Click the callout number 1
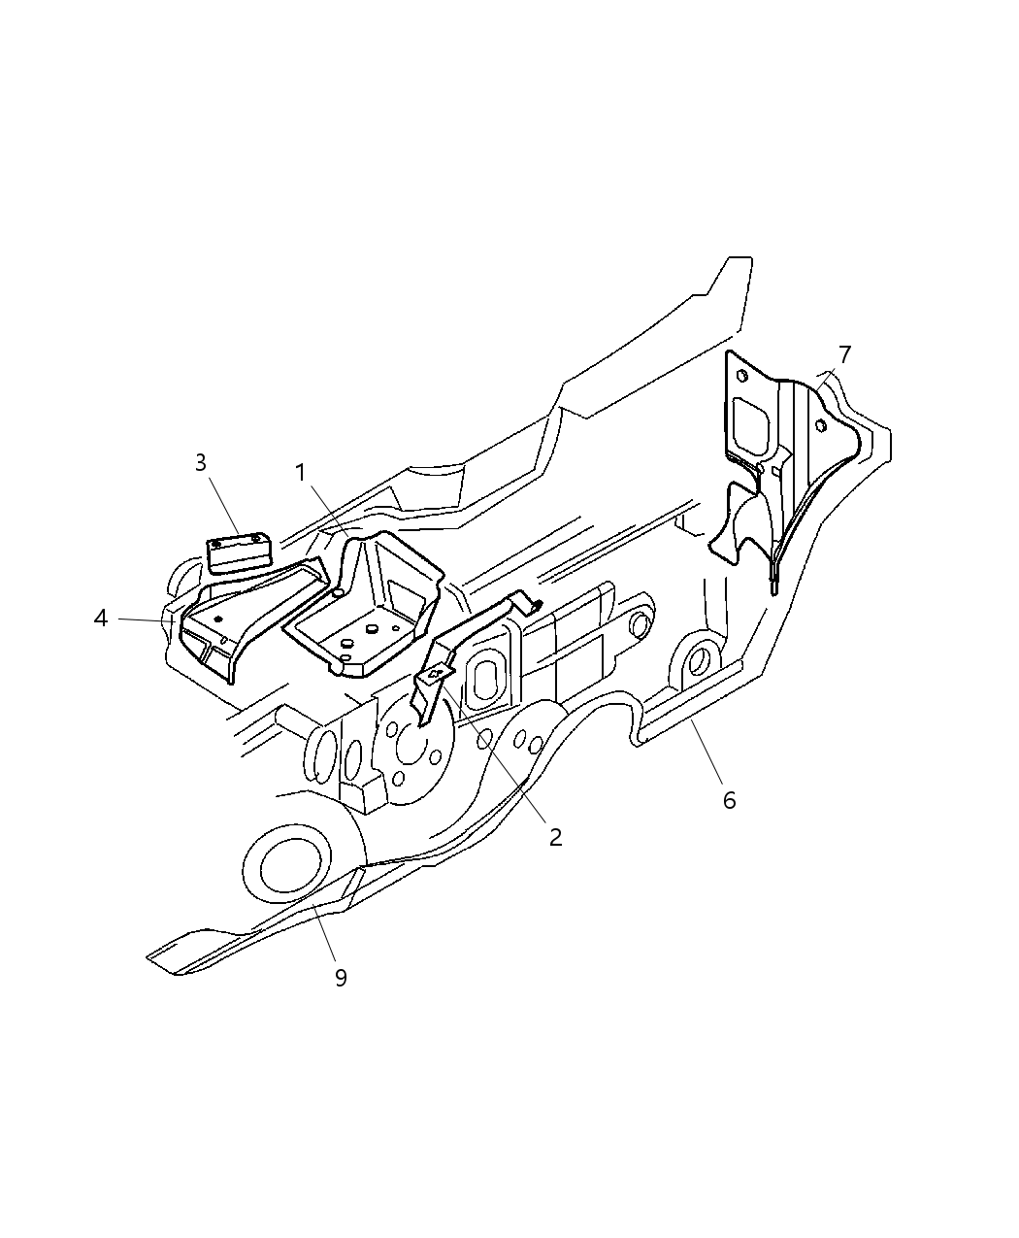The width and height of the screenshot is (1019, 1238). click(x=302, y=473)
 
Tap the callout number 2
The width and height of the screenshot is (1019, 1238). click(x=555, y=837)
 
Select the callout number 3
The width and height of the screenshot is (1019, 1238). click(x=201, y=462)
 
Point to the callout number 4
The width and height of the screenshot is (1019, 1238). click(x=101, y=618)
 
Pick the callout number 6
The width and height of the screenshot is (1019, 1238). click(x=729, y=800)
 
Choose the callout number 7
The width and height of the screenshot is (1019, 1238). click(x=845, y=354)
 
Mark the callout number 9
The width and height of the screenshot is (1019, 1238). click(x=341, y=977)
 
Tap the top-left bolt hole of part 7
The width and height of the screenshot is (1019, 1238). click(x=742, y=376)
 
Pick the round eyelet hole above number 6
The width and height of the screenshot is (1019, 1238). click(x=696, y=661)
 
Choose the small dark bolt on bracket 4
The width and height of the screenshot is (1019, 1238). click(x=217, y=619)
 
